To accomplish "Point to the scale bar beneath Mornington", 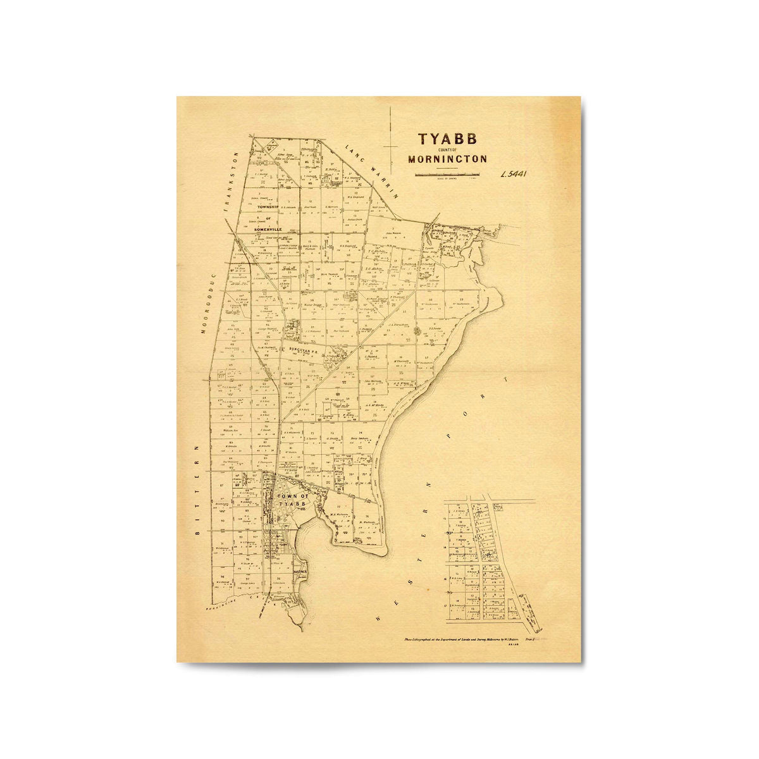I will [447, 173].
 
